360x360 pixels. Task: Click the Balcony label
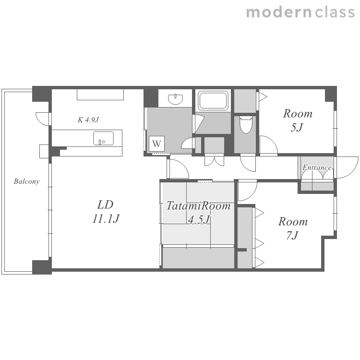(x=26, y=181)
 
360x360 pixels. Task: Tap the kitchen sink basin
(x=103, y=138)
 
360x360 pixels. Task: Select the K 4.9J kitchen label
(x=88, y=120)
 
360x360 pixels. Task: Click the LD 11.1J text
(x=106, y=212)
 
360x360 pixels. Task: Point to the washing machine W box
(x=156, y=144)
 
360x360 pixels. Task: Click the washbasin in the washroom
(x=176, y=99)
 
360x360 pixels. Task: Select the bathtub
(x=213, y=100)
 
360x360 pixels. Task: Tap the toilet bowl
(x=246, y=125)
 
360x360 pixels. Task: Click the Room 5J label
(x=298, y=120)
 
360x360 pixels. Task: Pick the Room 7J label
(x=293, y=228)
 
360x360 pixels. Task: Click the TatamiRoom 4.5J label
(x=198, y=212)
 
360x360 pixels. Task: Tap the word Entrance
(x=317, y=168)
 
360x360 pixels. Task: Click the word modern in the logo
(x=278, y=12)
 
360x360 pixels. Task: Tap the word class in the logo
(x=335, y=12)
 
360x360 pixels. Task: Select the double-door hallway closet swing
(x=214, y=161)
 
